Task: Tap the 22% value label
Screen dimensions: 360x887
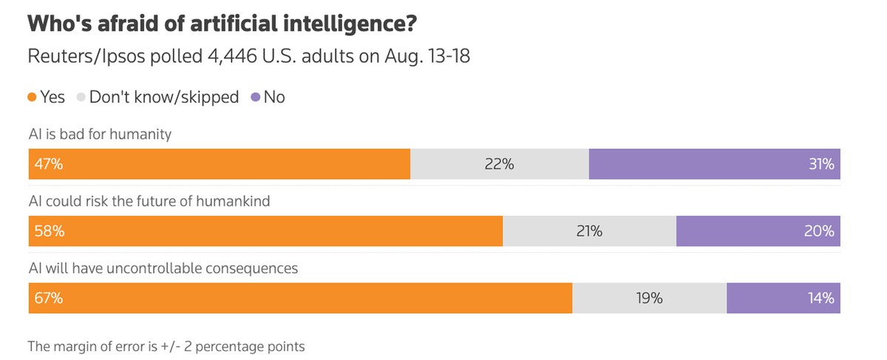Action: (500, 164)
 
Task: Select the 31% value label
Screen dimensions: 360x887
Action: (821, 164)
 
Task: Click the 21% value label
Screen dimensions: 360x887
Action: (589, 231)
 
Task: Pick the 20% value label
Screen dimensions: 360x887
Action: (820, 231)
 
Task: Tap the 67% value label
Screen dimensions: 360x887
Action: (48, 299)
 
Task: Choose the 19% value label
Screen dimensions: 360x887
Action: (649, 299)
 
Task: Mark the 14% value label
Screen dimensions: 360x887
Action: (821, 299)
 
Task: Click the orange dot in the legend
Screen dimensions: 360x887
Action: (33, 97)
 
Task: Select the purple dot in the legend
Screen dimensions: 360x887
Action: (255, 97)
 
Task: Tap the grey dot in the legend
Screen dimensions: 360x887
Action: (81, 97)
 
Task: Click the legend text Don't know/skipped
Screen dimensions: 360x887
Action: (165, 97)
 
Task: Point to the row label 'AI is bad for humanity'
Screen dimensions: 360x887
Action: (100, 135)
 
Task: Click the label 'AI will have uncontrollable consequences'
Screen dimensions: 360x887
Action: (163, 268)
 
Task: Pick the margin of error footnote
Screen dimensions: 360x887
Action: (166, 345)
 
